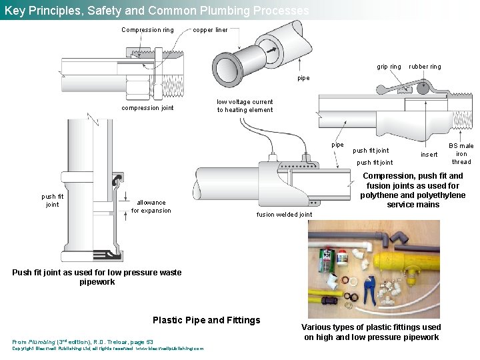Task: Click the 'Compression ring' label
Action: [x=147, y=30]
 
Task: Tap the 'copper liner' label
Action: [x=210, y=30]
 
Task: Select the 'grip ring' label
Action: [x=389, y=67]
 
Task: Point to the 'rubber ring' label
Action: [x=425, y=67]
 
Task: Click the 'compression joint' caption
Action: [x=147, y=108]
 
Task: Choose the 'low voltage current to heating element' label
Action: [x=245, y=106]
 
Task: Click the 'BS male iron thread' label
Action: [x=461, y=154]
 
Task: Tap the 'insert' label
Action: [x=429, y=155]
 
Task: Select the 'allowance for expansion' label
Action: [x=151, y=207]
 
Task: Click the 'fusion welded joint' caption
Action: [x=284, y=215]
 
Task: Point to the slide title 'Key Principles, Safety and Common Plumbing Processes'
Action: [x=157, y=11]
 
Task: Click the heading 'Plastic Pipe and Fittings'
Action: [x=207, y=320]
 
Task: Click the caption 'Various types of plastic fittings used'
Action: [x=371, y=327]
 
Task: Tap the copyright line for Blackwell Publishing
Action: [x=108, y=349]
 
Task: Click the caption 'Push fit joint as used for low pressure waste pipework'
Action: [x=97, y=277]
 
